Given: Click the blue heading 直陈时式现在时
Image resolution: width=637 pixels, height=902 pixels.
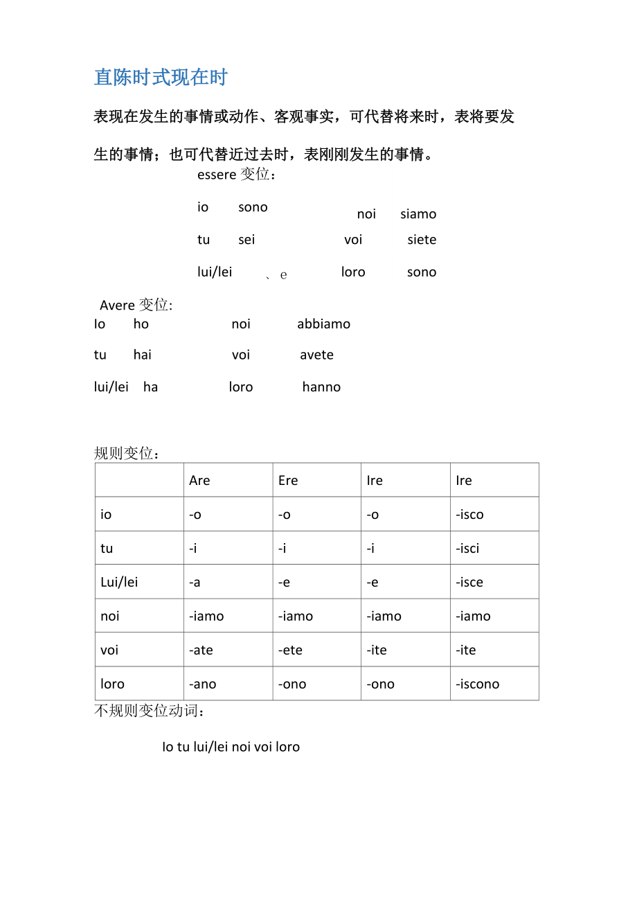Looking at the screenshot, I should pyautogui.click(x=161, y=78).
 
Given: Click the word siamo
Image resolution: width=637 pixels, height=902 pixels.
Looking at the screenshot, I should pyautogui.click(x=418, y=214).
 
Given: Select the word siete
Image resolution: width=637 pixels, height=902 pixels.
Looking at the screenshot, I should pyautogui.click(x=422, y=240).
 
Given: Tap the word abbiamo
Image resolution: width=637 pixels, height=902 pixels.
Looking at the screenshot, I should pyautogui.click(x=323, y=324).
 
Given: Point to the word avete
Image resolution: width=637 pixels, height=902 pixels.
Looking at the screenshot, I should pyautogui.click(x=316, y=355).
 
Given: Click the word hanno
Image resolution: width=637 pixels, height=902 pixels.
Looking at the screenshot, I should pyautogui.click(x=321, y=387).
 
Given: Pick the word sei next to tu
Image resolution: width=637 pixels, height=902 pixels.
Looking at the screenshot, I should pyautogui.click(x=246, y=240).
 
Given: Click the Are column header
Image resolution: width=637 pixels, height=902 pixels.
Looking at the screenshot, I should pyautogui.click(x=199, y=481).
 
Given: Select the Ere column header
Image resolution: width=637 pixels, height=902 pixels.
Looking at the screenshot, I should pyautogui.click(x=288, y=481).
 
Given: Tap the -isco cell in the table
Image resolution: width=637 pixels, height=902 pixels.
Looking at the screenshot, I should pyautogui.click(x=469, y=515).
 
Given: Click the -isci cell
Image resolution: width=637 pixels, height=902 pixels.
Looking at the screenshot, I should pyautogui.click(x=467, y=549).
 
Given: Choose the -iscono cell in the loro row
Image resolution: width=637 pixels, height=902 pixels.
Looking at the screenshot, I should pyautogui.click(x=477, y=684).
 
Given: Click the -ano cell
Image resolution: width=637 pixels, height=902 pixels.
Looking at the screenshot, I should pyautogui.click(x=202, y=684).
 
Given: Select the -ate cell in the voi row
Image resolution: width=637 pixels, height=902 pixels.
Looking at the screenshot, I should pyautogui.click(x=201, y=651).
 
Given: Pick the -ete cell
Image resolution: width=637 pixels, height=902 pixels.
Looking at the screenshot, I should pyautogui.click(x=290, y=651).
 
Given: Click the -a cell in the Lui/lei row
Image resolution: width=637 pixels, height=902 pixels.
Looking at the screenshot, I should pyautogui.click(x=195, y=583).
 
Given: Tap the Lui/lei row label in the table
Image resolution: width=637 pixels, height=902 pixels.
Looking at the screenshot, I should pyautogui.click(x=119, y=583).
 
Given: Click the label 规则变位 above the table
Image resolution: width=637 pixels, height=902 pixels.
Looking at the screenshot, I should pyautogui.click(x=127, y=454).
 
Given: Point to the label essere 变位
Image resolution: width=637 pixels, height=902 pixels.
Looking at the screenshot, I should pyautogui.click(x=237, y=175).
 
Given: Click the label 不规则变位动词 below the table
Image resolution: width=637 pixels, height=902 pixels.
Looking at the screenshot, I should pyautogui.click(x=149, y=711).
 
